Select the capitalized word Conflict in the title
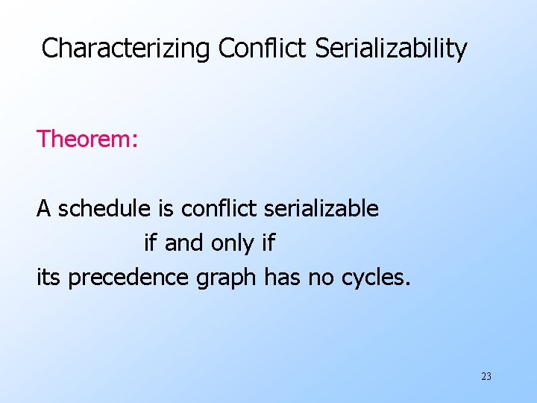(262, 49)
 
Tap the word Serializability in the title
(392, 49)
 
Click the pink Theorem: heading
(87, 139)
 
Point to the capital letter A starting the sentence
(44, 209)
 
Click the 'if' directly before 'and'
(151, 243)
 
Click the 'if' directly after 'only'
(267, 243)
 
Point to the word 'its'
(49, 277)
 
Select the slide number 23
(486, 377)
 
